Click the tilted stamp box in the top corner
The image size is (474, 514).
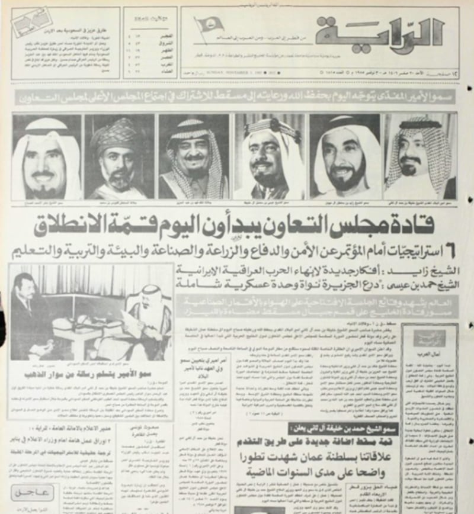(x=32, y=25)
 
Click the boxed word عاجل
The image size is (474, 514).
(x=33, y=491)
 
